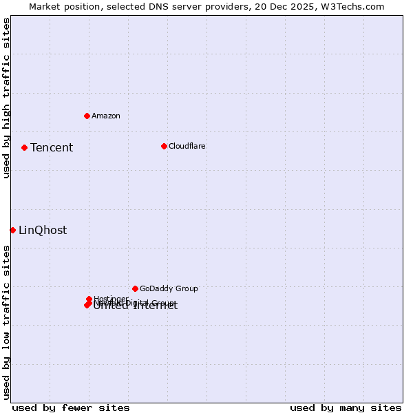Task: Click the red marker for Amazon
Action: pos(87,116)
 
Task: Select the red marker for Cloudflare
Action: pos(164,146)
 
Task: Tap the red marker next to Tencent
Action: pos(24,147)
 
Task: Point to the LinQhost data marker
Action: pos(12,230)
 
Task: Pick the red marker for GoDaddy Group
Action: pos(135,288)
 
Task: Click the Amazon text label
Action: pos(106,116)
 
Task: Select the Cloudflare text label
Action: pos(187,146)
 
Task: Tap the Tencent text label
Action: pos(52,147)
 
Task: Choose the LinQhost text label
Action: pos(43,231)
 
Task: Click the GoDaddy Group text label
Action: pos(169,288)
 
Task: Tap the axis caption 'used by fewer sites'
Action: pos(71,407)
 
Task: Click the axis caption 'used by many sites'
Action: pos(346,407)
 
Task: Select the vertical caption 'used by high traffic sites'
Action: pos(6,98)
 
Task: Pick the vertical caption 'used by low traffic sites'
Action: pos(6,322)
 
